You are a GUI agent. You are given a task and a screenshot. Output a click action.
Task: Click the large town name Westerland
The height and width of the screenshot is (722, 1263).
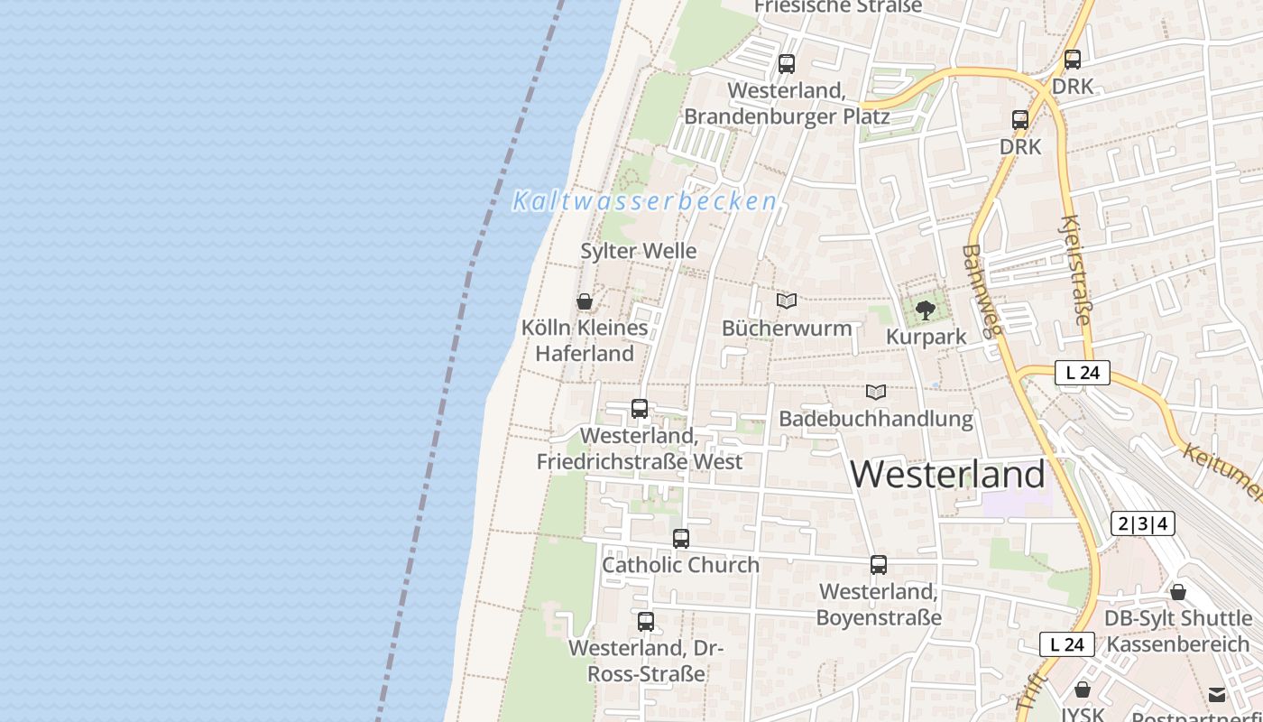[947, 474]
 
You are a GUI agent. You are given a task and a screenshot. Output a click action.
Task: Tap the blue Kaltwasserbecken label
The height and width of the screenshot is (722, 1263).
[645, 201]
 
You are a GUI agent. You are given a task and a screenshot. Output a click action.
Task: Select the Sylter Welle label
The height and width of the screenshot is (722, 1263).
[639, 251]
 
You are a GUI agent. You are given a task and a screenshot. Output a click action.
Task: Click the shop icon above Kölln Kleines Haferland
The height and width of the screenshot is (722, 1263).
[585, 301]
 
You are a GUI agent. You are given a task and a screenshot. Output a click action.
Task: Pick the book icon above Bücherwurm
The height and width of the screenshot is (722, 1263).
[787, 301]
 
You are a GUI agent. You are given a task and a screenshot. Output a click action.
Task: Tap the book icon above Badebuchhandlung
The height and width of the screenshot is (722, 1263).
[876, 393]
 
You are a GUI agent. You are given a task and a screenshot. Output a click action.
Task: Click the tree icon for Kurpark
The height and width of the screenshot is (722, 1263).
[925, 311]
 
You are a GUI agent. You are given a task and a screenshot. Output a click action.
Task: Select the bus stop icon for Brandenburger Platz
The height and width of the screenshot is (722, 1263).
[787, 64]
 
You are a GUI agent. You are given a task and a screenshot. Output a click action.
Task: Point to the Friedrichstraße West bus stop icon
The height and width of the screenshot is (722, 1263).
[640, 409]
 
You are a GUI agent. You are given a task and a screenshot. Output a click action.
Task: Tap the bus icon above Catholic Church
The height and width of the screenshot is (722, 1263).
[681, 539]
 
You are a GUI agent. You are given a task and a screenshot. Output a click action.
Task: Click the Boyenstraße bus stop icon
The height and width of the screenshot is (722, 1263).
[879, 565]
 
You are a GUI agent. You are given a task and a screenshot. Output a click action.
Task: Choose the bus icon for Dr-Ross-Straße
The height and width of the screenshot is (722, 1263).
[646, 622]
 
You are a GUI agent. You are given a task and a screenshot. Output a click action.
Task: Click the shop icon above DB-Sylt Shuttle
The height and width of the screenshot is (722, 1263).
[1178, 593]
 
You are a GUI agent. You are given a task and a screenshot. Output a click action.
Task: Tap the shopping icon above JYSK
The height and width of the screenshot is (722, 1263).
[1083, 690]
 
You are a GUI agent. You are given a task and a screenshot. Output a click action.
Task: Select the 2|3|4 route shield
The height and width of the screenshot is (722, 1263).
[1142, 523]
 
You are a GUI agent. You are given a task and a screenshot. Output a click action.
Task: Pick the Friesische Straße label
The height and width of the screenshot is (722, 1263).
[838, 6]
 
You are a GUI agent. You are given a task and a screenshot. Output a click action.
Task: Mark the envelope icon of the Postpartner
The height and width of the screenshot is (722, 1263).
[1217, 694]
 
